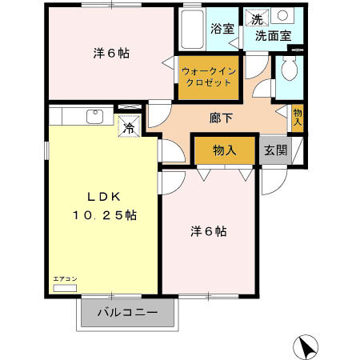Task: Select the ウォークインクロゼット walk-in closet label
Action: [207, 77]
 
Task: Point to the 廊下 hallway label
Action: [222, 118]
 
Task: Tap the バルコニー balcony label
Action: [126, 312]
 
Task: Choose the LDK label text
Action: [102, 198]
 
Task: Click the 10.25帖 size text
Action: [103, 215]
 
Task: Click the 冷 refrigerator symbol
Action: [129, 126]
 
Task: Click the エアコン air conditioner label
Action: [65, 278]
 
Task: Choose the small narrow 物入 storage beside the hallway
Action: [298, 118]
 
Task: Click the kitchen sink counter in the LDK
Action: [80, 116]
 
